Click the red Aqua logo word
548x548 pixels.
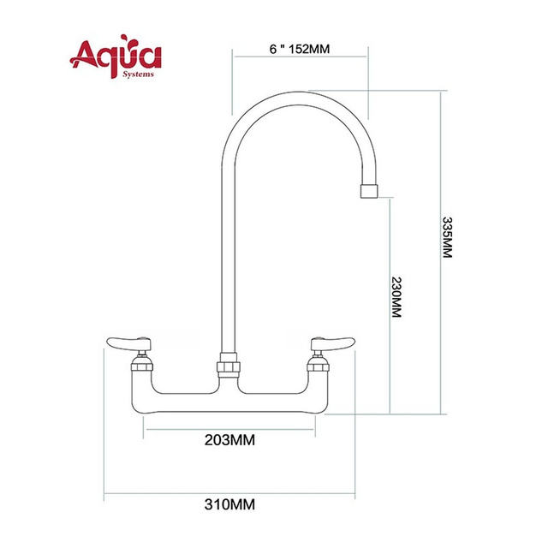pos(116,57)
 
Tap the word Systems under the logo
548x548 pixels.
pos(138,74)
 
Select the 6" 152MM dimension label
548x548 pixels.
pos(300,49)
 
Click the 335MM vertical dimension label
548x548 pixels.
pos(447,237)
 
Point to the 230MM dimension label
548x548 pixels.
pos(396,297)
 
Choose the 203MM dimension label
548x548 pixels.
pos(229,440)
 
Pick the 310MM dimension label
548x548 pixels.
pos(229,504)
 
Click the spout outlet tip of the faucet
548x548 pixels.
pos(369,192)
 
